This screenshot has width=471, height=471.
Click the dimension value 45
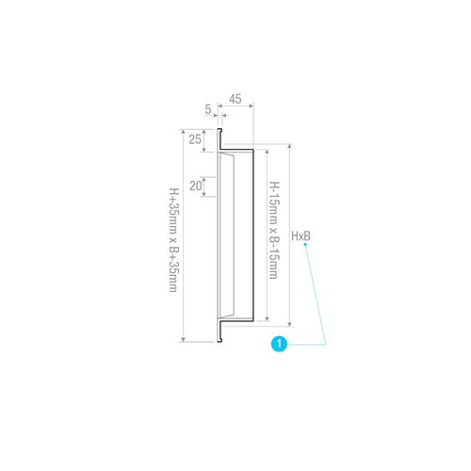click(x=235, y=99)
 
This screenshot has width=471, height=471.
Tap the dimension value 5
click(x=208, y=109)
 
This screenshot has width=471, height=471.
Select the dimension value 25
click(x=195, y=139)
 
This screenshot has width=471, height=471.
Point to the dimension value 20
click(x=196, y=186)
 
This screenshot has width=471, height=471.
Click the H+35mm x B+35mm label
click(x=173, y=240)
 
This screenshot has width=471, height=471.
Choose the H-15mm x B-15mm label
click(x=274, y=230)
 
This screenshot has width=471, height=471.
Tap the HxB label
click(x=300, y=236)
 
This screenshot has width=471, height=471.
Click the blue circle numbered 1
click(x=279, y=344)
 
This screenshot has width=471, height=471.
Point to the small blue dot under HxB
click(x=305, y=244)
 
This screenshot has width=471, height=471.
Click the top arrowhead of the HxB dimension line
click(x=289, y=147)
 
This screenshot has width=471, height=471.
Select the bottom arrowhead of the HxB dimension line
click(x=289, y=324)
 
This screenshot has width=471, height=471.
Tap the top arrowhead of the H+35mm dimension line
click(x=184, y=132)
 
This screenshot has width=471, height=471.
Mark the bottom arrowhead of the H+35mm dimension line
click(x=184, y=339)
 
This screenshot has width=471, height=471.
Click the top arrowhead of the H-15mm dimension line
click(x=267, y=152)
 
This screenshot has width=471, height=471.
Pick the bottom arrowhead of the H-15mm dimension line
click(x=267, y=318)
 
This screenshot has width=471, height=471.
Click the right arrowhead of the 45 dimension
click(x=251, y=106)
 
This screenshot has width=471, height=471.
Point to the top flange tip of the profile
click(x=219, y=130)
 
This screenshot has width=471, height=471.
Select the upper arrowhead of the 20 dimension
click(x=204, y=180)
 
